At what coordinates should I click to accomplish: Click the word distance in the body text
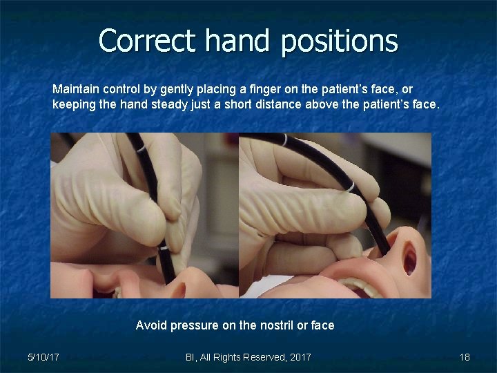[277, 105]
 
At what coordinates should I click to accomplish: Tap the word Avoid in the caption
[151, 325]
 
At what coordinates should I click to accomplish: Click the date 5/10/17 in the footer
[43, 357]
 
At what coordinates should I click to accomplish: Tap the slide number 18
[465, 357]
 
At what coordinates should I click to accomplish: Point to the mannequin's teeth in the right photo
[359, 285]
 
